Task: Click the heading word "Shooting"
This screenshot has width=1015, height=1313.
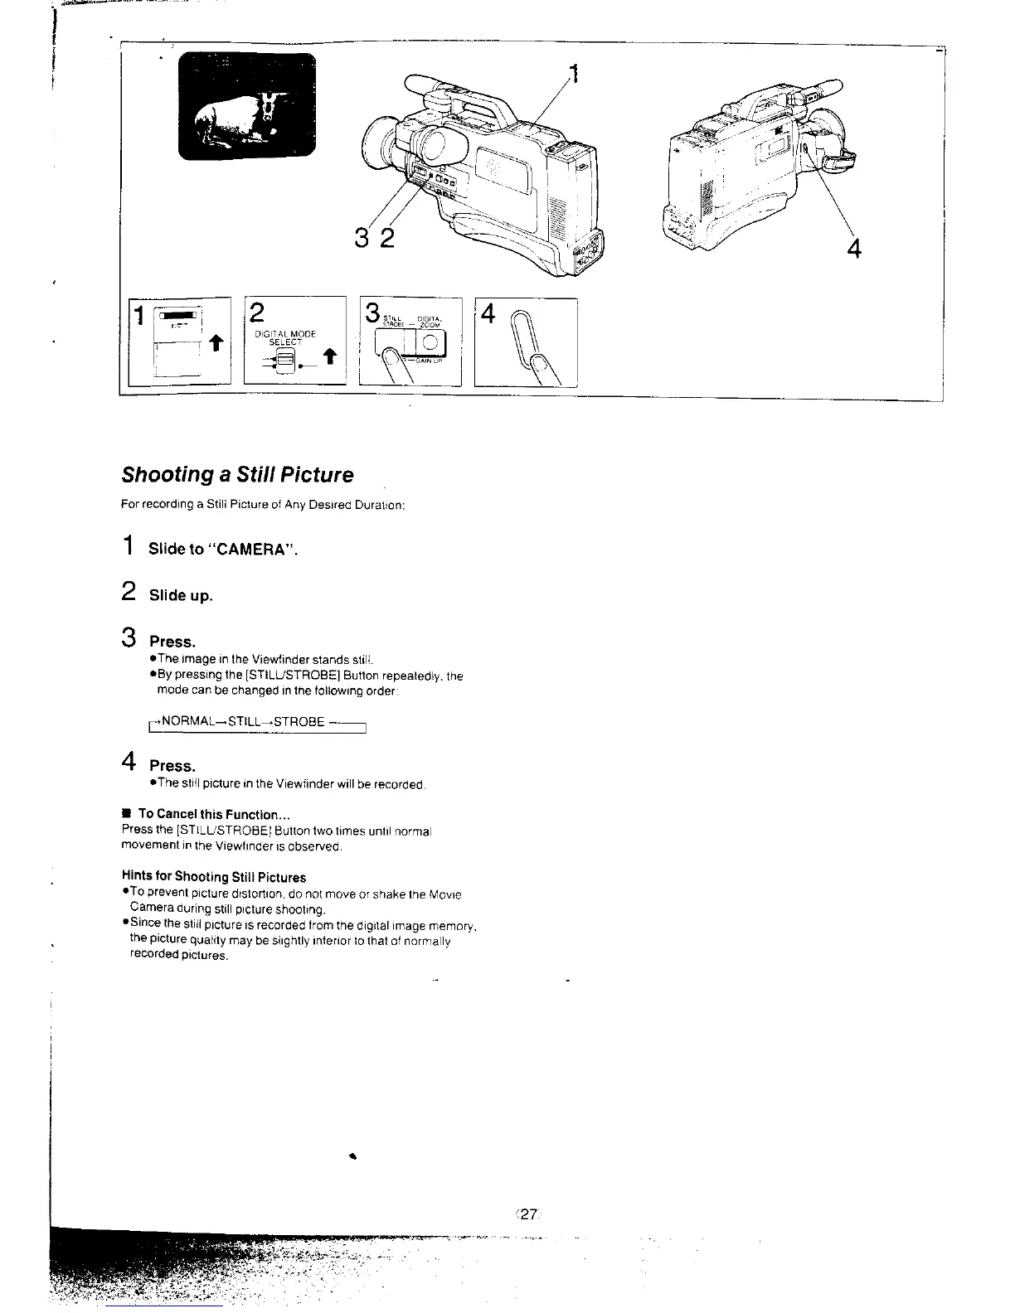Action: pyautogui.click(x=163, y=475)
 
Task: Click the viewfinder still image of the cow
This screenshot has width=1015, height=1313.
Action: pyautogui.click(x=247, y=105)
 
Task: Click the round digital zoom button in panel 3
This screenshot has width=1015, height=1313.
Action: pyautogui.click(x=430, y=342)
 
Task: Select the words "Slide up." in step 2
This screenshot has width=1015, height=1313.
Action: pyautogui.click(x=181, y=596)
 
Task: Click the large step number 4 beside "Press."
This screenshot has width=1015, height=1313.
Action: pyautogui.click(x=129, y=762)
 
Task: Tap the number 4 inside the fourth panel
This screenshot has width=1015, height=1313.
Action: pyautogui.click(x=488, y=314)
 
